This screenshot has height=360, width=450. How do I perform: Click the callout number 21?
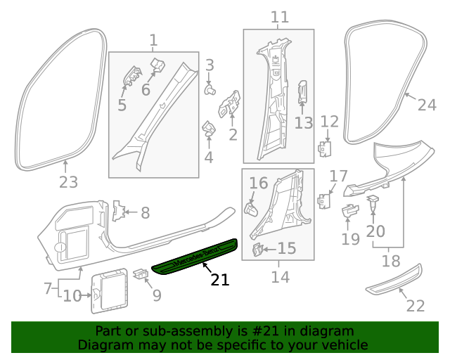click(x=220, y=279)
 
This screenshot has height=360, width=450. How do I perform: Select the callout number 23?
click(x=67, y=183)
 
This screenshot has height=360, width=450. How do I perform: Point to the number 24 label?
click(x=427, y=105)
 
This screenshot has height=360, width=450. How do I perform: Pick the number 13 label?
click(x=303, y=123)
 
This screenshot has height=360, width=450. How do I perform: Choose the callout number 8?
click(x=145, y=212)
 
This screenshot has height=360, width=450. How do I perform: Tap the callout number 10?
click(x=72, y=296)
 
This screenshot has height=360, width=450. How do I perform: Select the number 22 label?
click(x=416, y=306)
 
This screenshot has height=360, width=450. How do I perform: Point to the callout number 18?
click(x=390, y=262)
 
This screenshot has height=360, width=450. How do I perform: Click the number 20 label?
click(x=375, y=231)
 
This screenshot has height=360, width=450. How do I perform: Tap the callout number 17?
click(x=339, y=175)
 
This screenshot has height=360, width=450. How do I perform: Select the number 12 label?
click(x=330, y=122)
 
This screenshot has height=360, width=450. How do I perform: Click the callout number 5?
click(x=122, y=105)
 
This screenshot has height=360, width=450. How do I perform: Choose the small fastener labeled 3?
click(x=210, y=89)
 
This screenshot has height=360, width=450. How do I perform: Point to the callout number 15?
click(x=287, y=248)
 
